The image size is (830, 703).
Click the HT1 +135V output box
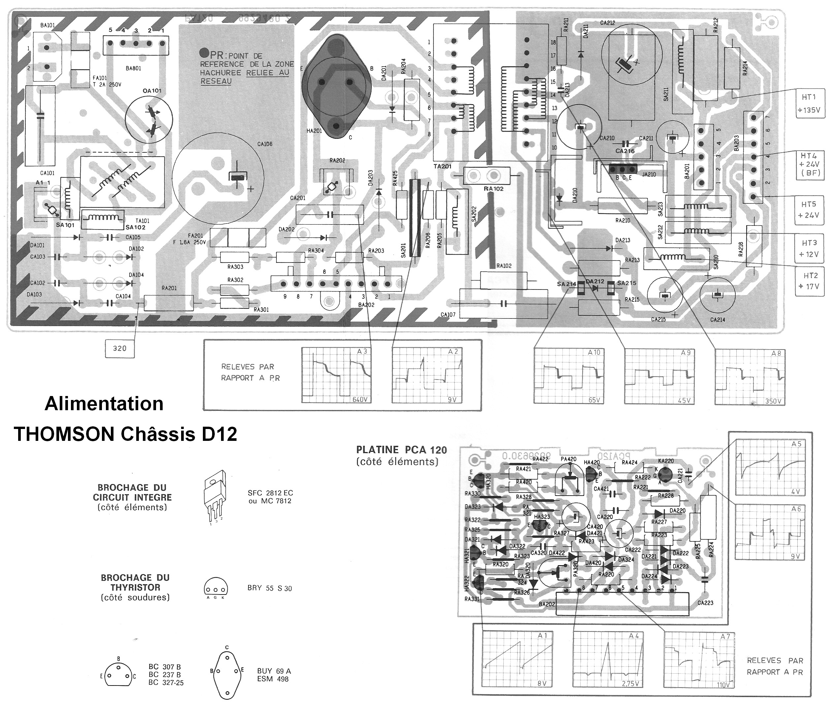809,103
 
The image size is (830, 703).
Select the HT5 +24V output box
809,210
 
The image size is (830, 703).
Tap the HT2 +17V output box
809,281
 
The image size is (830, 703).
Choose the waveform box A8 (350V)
750,377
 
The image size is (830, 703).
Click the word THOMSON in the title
65,434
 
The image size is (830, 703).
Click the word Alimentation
104,404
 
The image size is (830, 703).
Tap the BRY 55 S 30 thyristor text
270,588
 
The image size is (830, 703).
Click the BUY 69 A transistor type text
274,671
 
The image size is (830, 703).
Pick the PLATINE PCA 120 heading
401,450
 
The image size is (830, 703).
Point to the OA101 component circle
149,118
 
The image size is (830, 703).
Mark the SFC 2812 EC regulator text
270,493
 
